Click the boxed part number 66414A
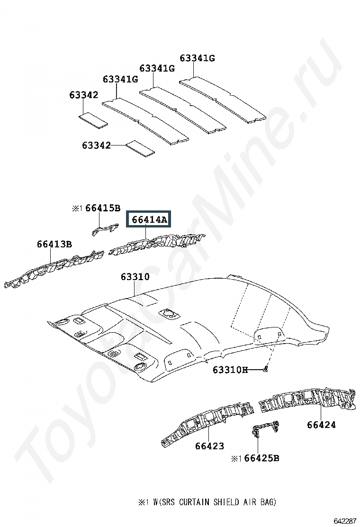point(149,219)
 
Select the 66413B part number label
point(54,244)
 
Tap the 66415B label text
point(103,208)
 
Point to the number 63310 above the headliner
point(135,277)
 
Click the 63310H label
point(230,370)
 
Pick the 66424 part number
point(321,425)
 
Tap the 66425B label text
point(261,458)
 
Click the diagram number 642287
point(344,521)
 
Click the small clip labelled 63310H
point(265,369)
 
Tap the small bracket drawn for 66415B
point(105,229)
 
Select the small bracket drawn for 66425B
point(265,428)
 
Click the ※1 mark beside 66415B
point(77,209)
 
